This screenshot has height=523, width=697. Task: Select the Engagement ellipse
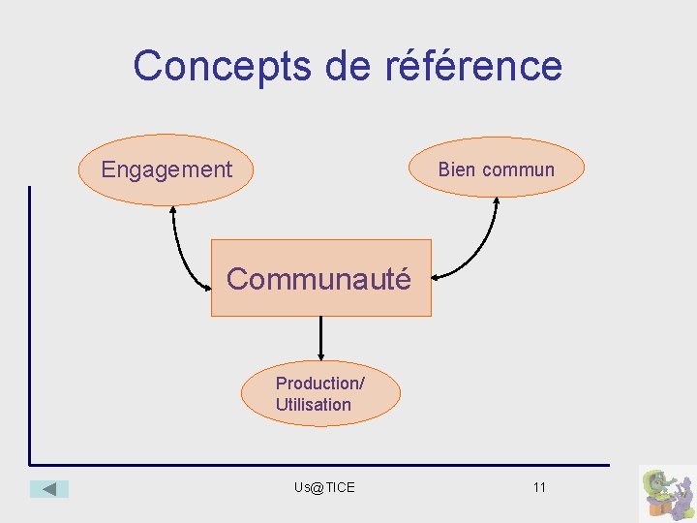point(166,169)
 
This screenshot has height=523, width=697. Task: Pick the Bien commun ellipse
point(497,167)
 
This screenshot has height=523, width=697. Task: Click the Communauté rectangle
point(320,279)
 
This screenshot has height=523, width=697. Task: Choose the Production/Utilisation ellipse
point(320,394)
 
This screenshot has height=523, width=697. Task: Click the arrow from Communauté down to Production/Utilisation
point(320,339)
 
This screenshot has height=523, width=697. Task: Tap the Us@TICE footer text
point(324,487)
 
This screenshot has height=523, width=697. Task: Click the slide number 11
point(539,487)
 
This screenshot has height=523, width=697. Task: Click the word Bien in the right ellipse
point(457,169)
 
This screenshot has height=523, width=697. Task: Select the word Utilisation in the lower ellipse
point(313,405)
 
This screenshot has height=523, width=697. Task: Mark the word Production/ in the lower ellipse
point(319,384)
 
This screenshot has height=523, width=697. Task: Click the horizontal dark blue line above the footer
point(319,465)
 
